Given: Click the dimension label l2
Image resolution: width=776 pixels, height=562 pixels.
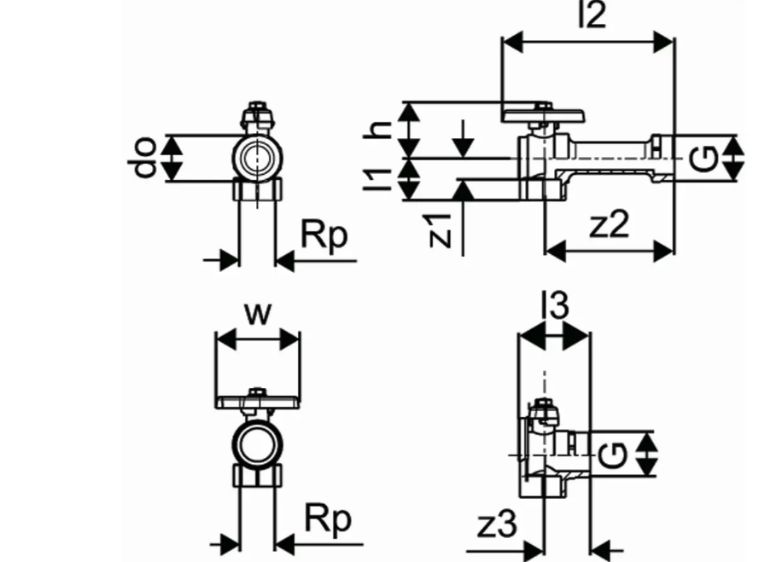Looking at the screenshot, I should (x=592, y=15).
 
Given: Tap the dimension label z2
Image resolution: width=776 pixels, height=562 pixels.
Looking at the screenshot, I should (x=610, y=225).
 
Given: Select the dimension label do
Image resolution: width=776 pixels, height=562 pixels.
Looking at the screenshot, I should (x=147, y=159).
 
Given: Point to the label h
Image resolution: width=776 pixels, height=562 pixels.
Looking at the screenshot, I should (x=376, y=129).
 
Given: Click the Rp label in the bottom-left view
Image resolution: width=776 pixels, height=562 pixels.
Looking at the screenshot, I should (x=329, y=519).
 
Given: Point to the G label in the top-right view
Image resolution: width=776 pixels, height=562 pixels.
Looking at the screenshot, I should (x=703, y=159).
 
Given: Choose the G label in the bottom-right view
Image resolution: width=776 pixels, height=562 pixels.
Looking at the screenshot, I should (x=616, y=455).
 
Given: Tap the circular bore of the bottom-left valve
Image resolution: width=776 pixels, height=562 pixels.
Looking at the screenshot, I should (x=256, y=443).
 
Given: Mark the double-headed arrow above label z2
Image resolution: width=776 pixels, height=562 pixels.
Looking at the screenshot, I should (x=610, y=251).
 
